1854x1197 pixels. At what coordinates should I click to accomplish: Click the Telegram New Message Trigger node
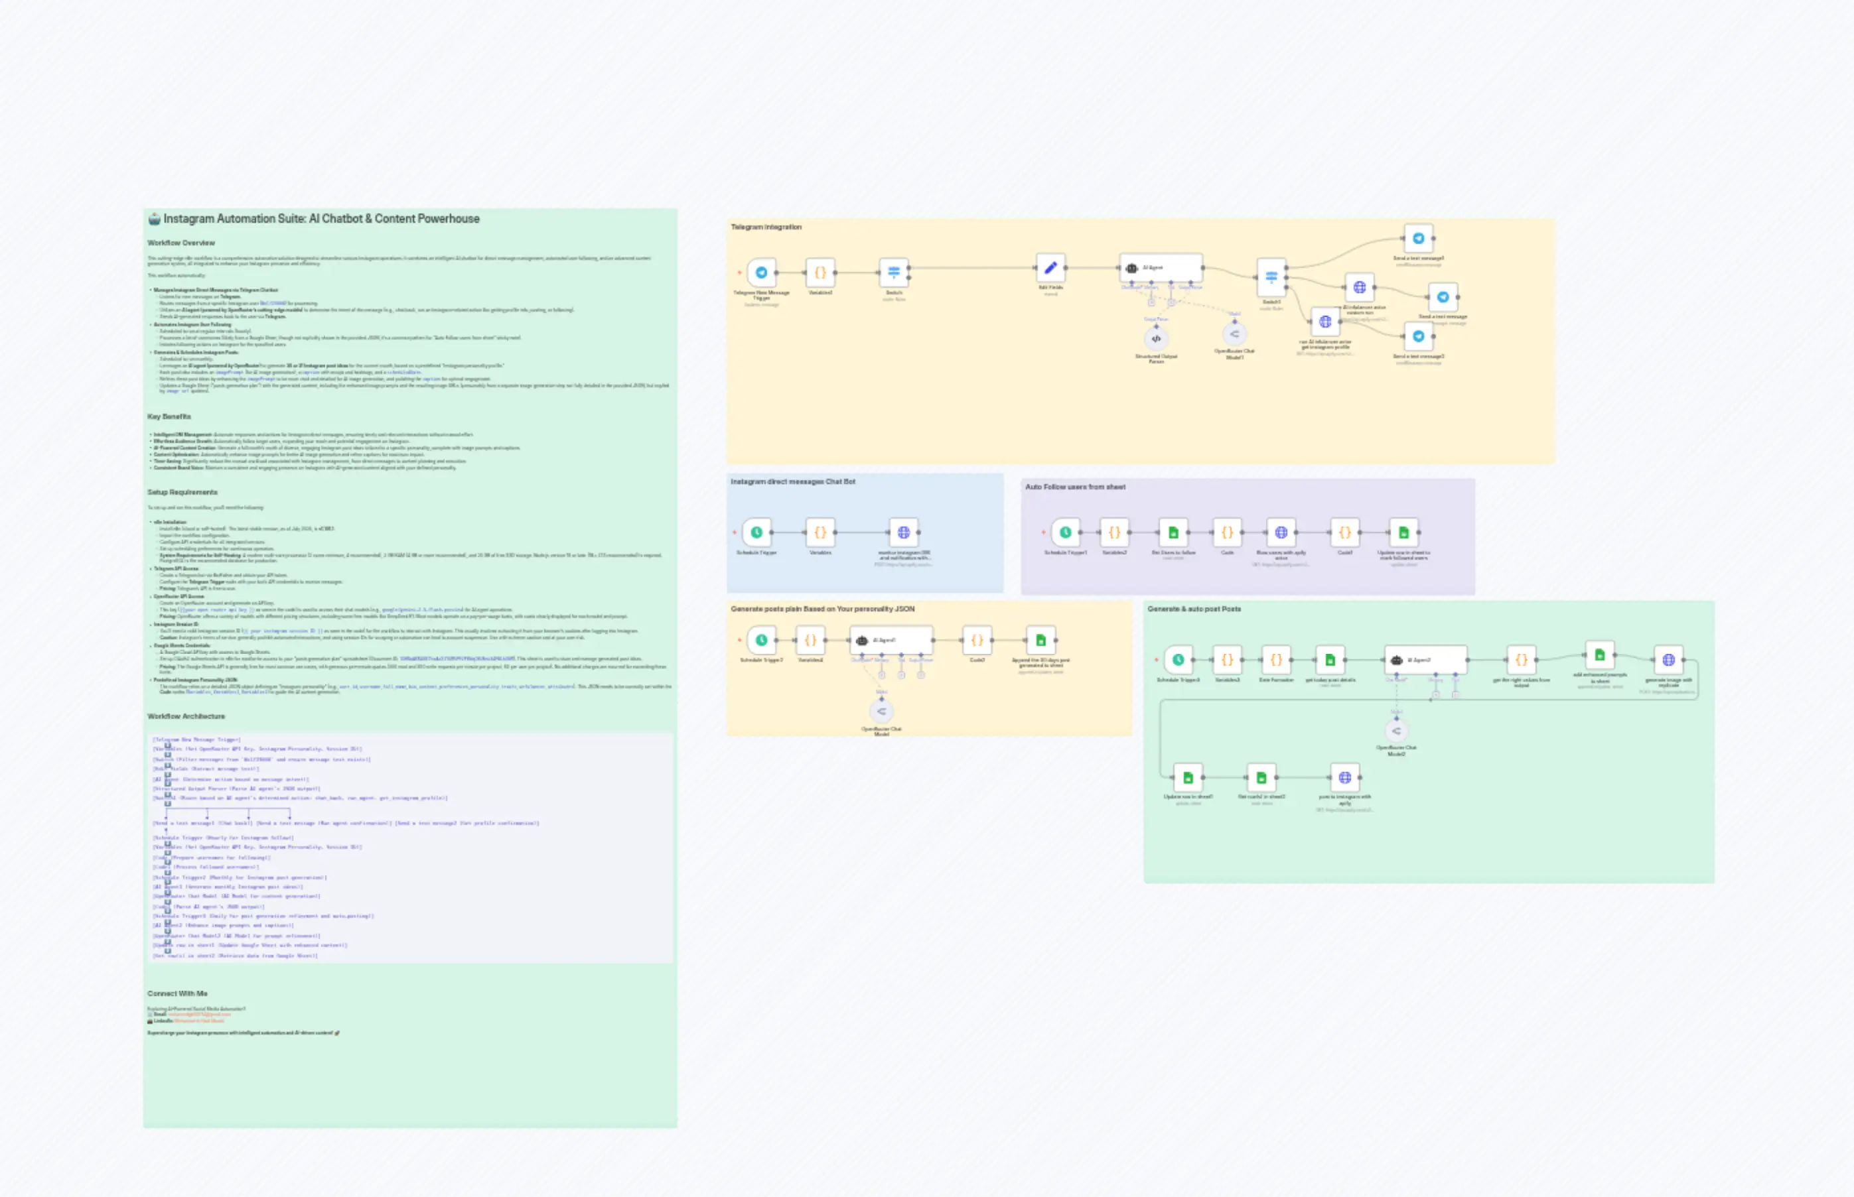pyautogui.click(x=761, y=273)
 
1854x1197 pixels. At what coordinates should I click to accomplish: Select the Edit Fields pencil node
pyautogui.click(x=1050, y=268)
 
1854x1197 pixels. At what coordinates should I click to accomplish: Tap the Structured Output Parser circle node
pyautogui.click(x=1156, y=338)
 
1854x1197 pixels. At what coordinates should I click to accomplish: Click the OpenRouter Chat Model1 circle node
pyautogui.click(x=1234, y=334)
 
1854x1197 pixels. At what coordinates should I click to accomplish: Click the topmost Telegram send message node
pyautogui.click(x=1419, y=239)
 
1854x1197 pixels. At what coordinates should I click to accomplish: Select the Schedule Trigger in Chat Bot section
pyautogui.click(x=756, y=533)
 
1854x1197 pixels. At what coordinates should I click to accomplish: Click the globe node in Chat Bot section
pyautogui.click(x=903, y=533)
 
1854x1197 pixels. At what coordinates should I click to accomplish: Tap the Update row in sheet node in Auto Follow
pyautogui.click(x=1403, y=533)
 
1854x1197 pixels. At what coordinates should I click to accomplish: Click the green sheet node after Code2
pyautogui.click(x=1040, y=641)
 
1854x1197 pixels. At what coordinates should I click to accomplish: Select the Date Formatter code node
pyautogui.click(x=1276, y=660)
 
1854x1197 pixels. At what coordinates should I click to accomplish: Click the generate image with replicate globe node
pyautogui.click(x=1668, y=660)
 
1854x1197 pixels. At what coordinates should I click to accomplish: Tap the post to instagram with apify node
pyautogui.click(x=1344, y=777)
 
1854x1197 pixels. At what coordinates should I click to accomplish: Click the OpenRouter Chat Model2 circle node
pyautogui.click(x=1396, y=731)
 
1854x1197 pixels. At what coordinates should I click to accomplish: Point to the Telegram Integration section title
pyautogui.click(x=766, y=227)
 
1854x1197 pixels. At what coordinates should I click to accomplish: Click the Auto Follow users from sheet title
pyautogui.click(x=1075, y=487)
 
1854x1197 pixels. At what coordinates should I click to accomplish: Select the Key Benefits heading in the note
pyautogui.click(x=169, y=416)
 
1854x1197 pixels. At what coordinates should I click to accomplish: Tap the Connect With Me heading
pyautogui.click(x=177, y=993)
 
